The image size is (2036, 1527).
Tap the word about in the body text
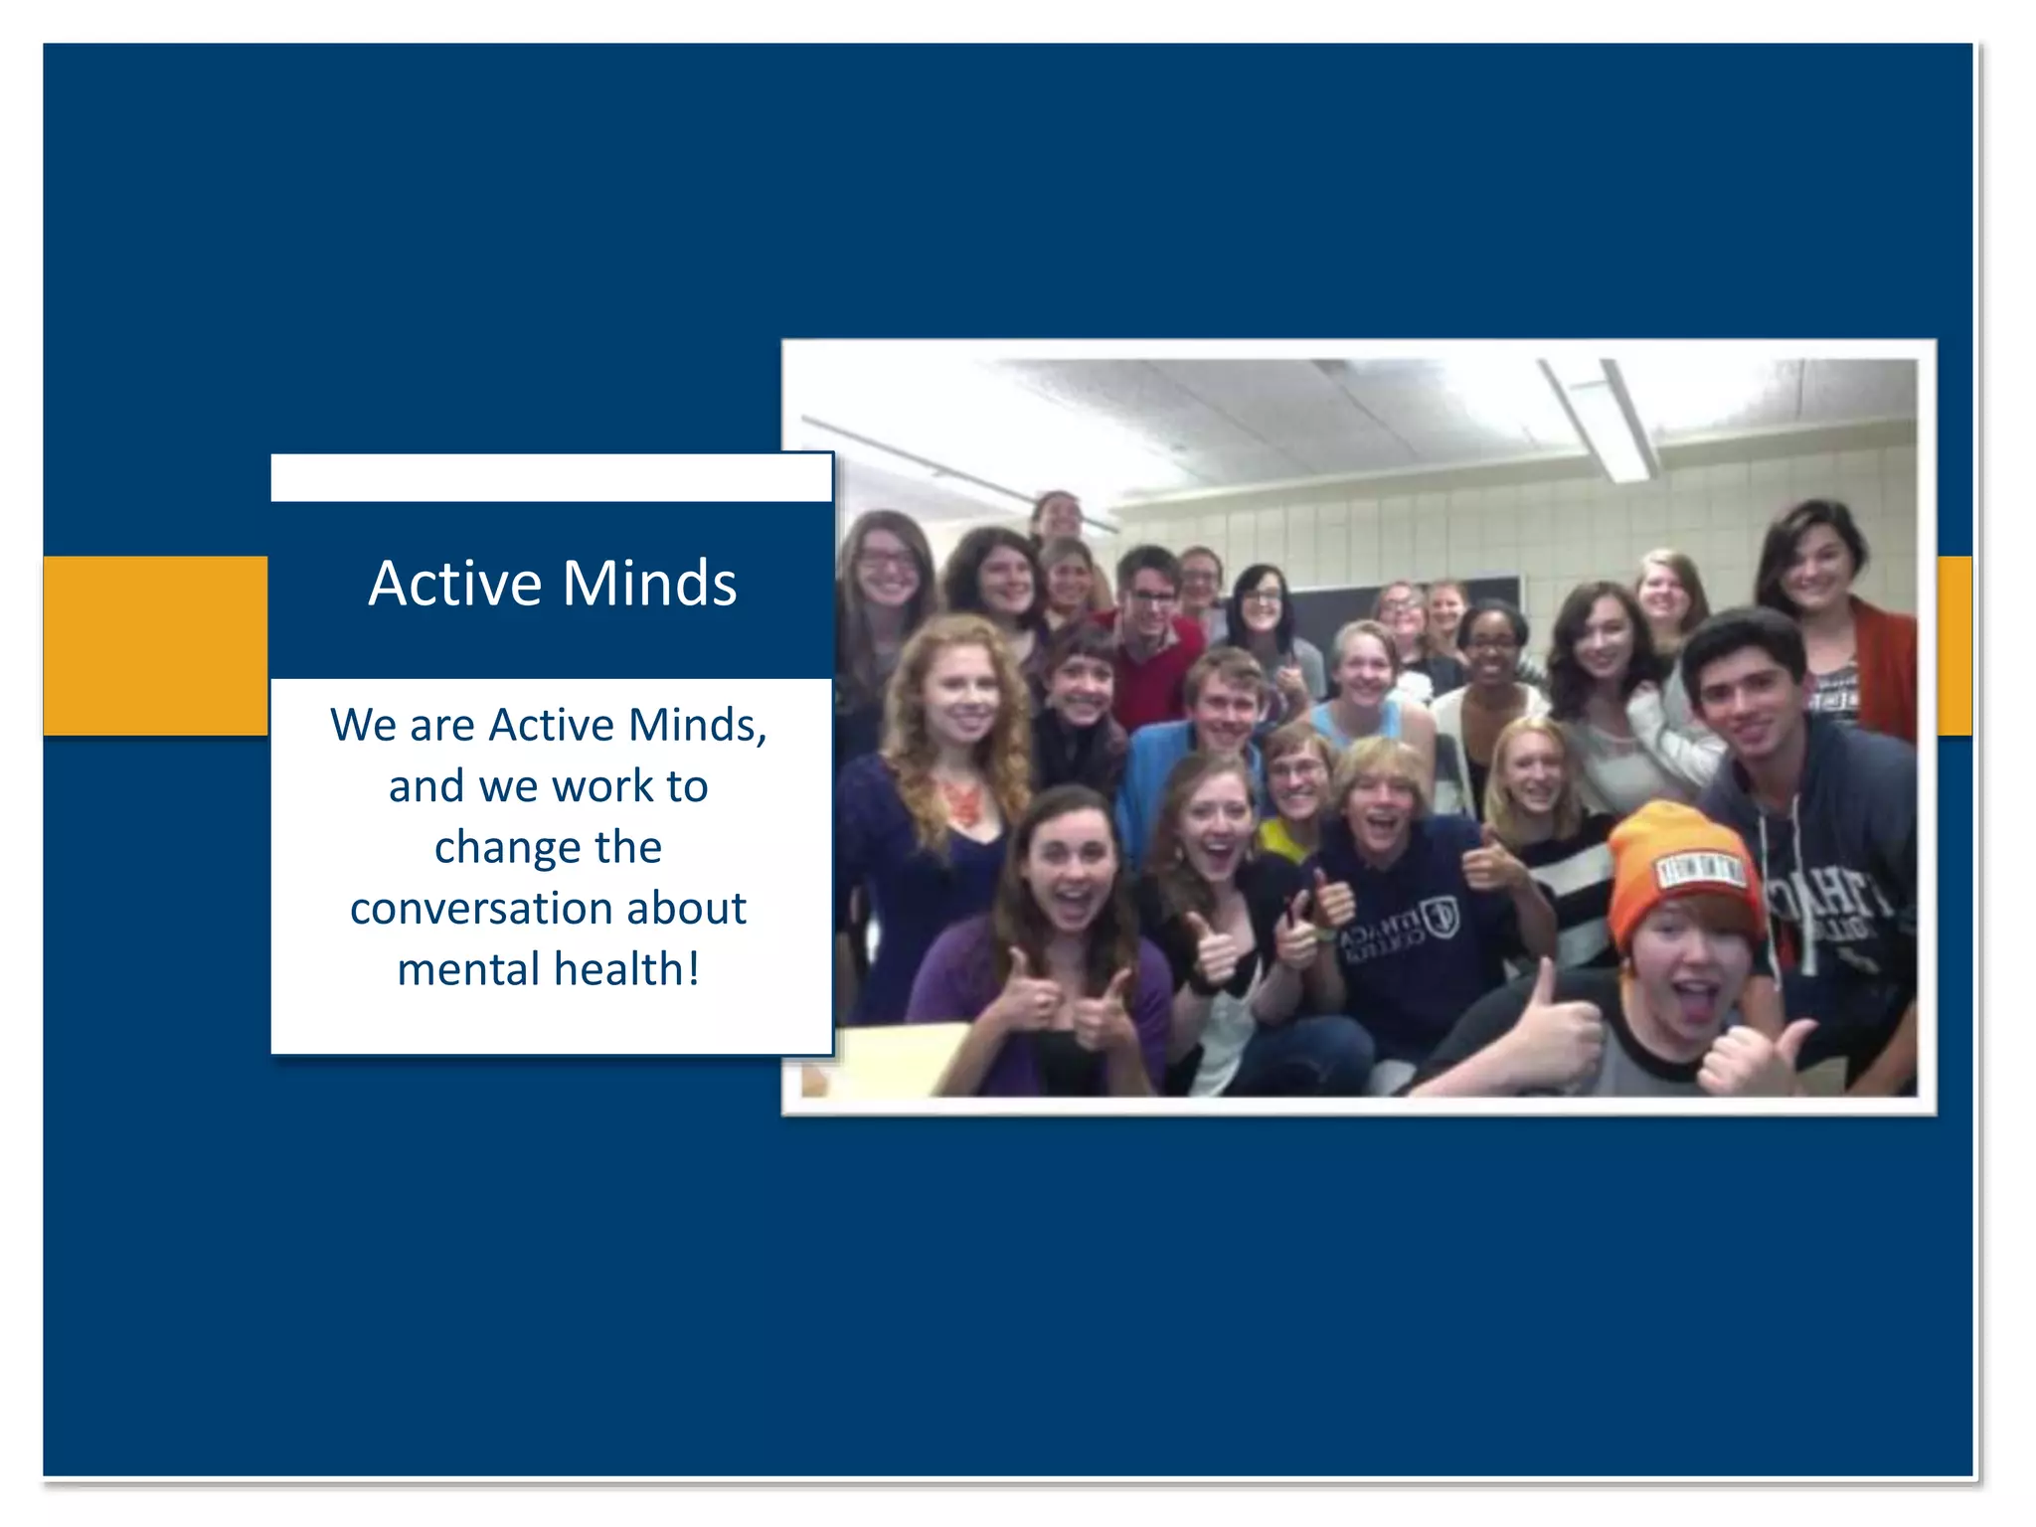pos(686,909)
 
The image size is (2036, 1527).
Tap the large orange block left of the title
pos(155,645)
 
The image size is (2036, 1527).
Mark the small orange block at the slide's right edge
pos(1954,645)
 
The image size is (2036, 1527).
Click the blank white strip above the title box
pos(551,478)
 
